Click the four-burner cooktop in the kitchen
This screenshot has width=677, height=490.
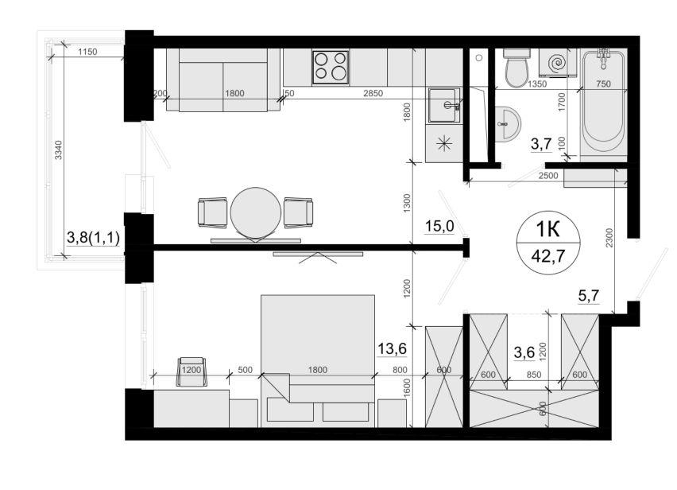click(x=331, y=67)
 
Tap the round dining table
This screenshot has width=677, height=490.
click(x=256, y=212)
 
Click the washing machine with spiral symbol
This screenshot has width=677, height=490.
click(x=557, y=63)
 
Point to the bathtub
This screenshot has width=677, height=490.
click(x=603, y=103)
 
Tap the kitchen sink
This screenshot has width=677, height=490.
click(x=443, y=106)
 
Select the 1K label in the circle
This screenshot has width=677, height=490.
click(x=548, y=230)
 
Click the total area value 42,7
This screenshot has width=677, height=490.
click(x=548, y=256)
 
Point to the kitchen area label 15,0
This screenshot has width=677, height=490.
click(x=439, y=226)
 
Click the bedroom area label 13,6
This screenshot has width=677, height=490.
click(x=392, y=348)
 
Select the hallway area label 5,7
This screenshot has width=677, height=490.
click(x=589, y=296)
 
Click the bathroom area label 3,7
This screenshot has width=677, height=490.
click(x=541, y=143)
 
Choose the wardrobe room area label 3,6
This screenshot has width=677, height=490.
click(x=524, y=352)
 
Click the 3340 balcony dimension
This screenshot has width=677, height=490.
click(x=59, y=150)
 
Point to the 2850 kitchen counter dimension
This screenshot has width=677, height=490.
click(x=373, y=93)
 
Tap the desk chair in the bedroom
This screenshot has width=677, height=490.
click(x=191, y=371)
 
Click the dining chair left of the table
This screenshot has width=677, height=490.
click(x=212, y=212)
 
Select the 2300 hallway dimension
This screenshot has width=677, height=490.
click(x=609, y=238)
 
